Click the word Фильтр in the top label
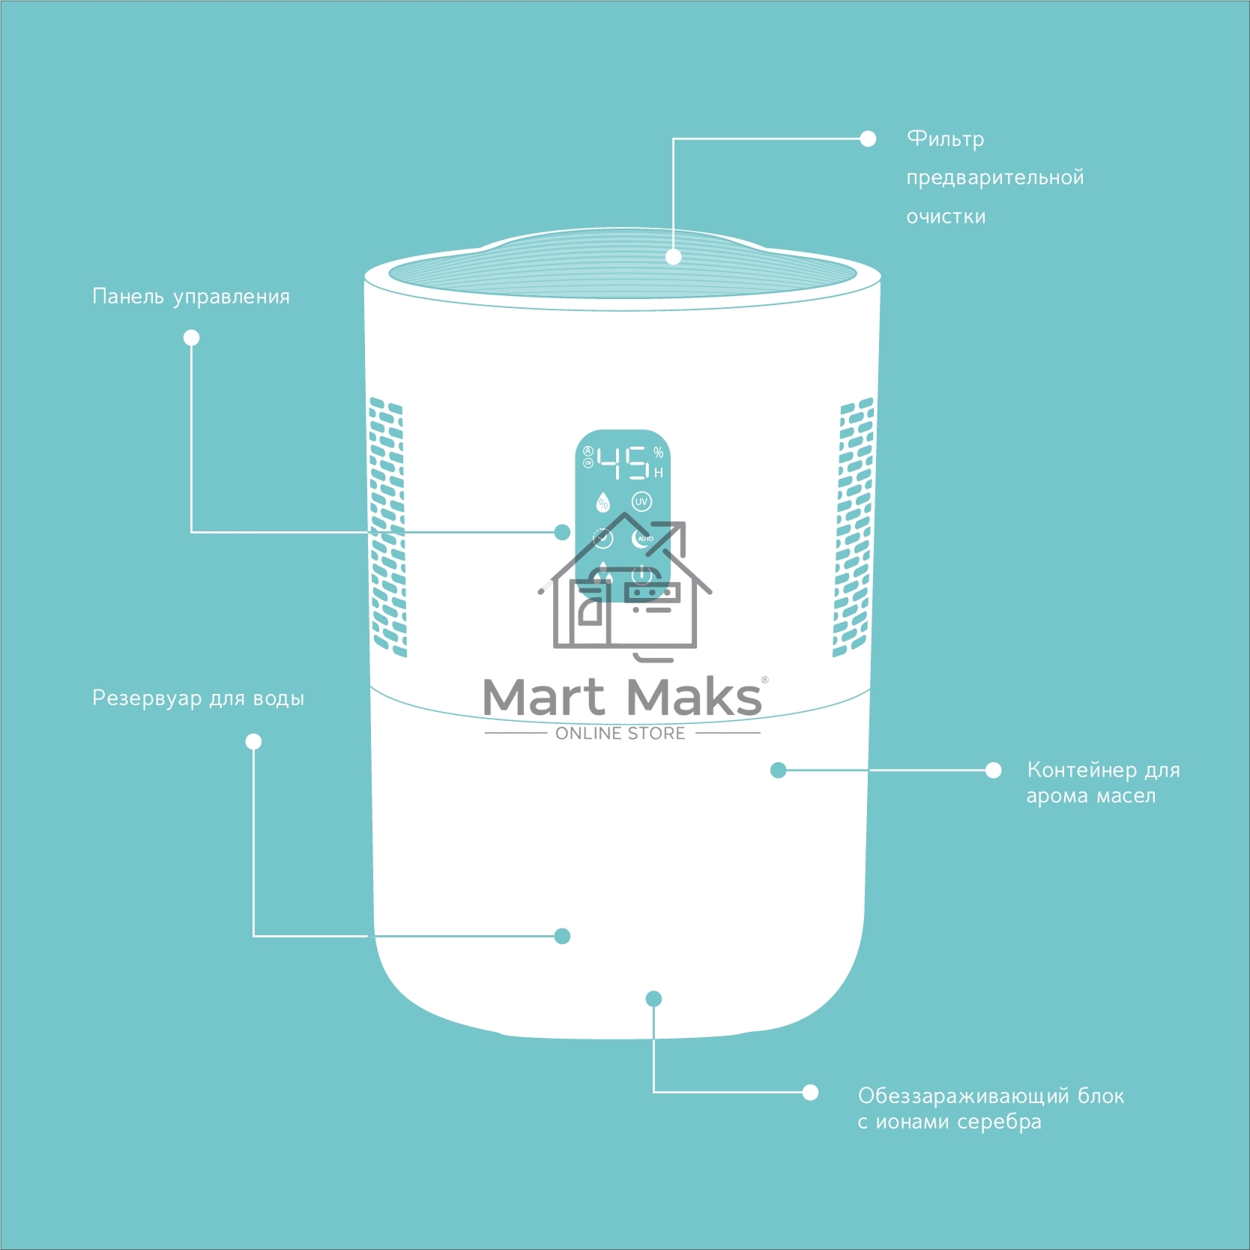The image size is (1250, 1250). (x=945, y=139)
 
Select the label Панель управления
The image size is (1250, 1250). (x=190, y=297)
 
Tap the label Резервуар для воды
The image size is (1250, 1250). (x=198, y=698)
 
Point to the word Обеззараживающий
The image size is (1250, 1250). (x=964, y=1096)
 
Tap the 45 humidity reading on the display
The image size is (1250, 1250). (x=623, y=462)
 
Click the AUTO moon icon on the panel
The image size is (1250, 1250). (x=642, y=538)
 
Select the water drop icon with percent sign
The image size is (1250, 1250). (x=603, y=502)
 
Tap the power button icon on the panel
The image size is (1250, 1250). (x=642, y=576)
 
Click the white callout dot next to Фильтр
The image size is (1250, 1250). (x=868, y=139)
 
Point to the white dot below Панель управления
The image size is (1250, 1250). (x=191, y=338)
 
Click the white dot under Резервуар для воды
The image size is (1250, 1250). (x=253, y=742)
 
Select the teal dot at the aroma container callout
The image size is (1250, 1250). (x=778, y=770)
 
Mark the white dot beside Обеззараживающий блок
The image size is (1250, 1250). (x=810, y=1092)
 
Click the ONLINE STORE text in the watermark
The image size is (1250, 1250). (x=621, y=734)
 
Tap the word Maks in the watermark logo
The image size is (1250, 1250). (x=693, y=697)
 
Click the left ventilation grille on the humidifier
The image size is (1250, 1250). (x=387, y=528)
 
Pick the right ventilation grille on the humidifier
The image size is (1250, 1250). (x=854, y=528)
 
